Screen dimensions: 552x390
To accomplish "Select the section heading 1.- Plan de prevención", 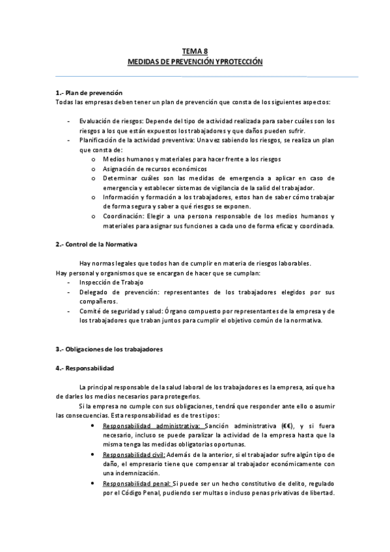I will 89,93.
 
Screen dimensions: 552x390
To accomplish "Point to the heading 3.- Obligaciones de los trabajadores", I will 109,349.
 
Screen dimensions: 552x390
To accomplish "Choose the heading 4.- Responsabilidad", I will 85,367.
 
